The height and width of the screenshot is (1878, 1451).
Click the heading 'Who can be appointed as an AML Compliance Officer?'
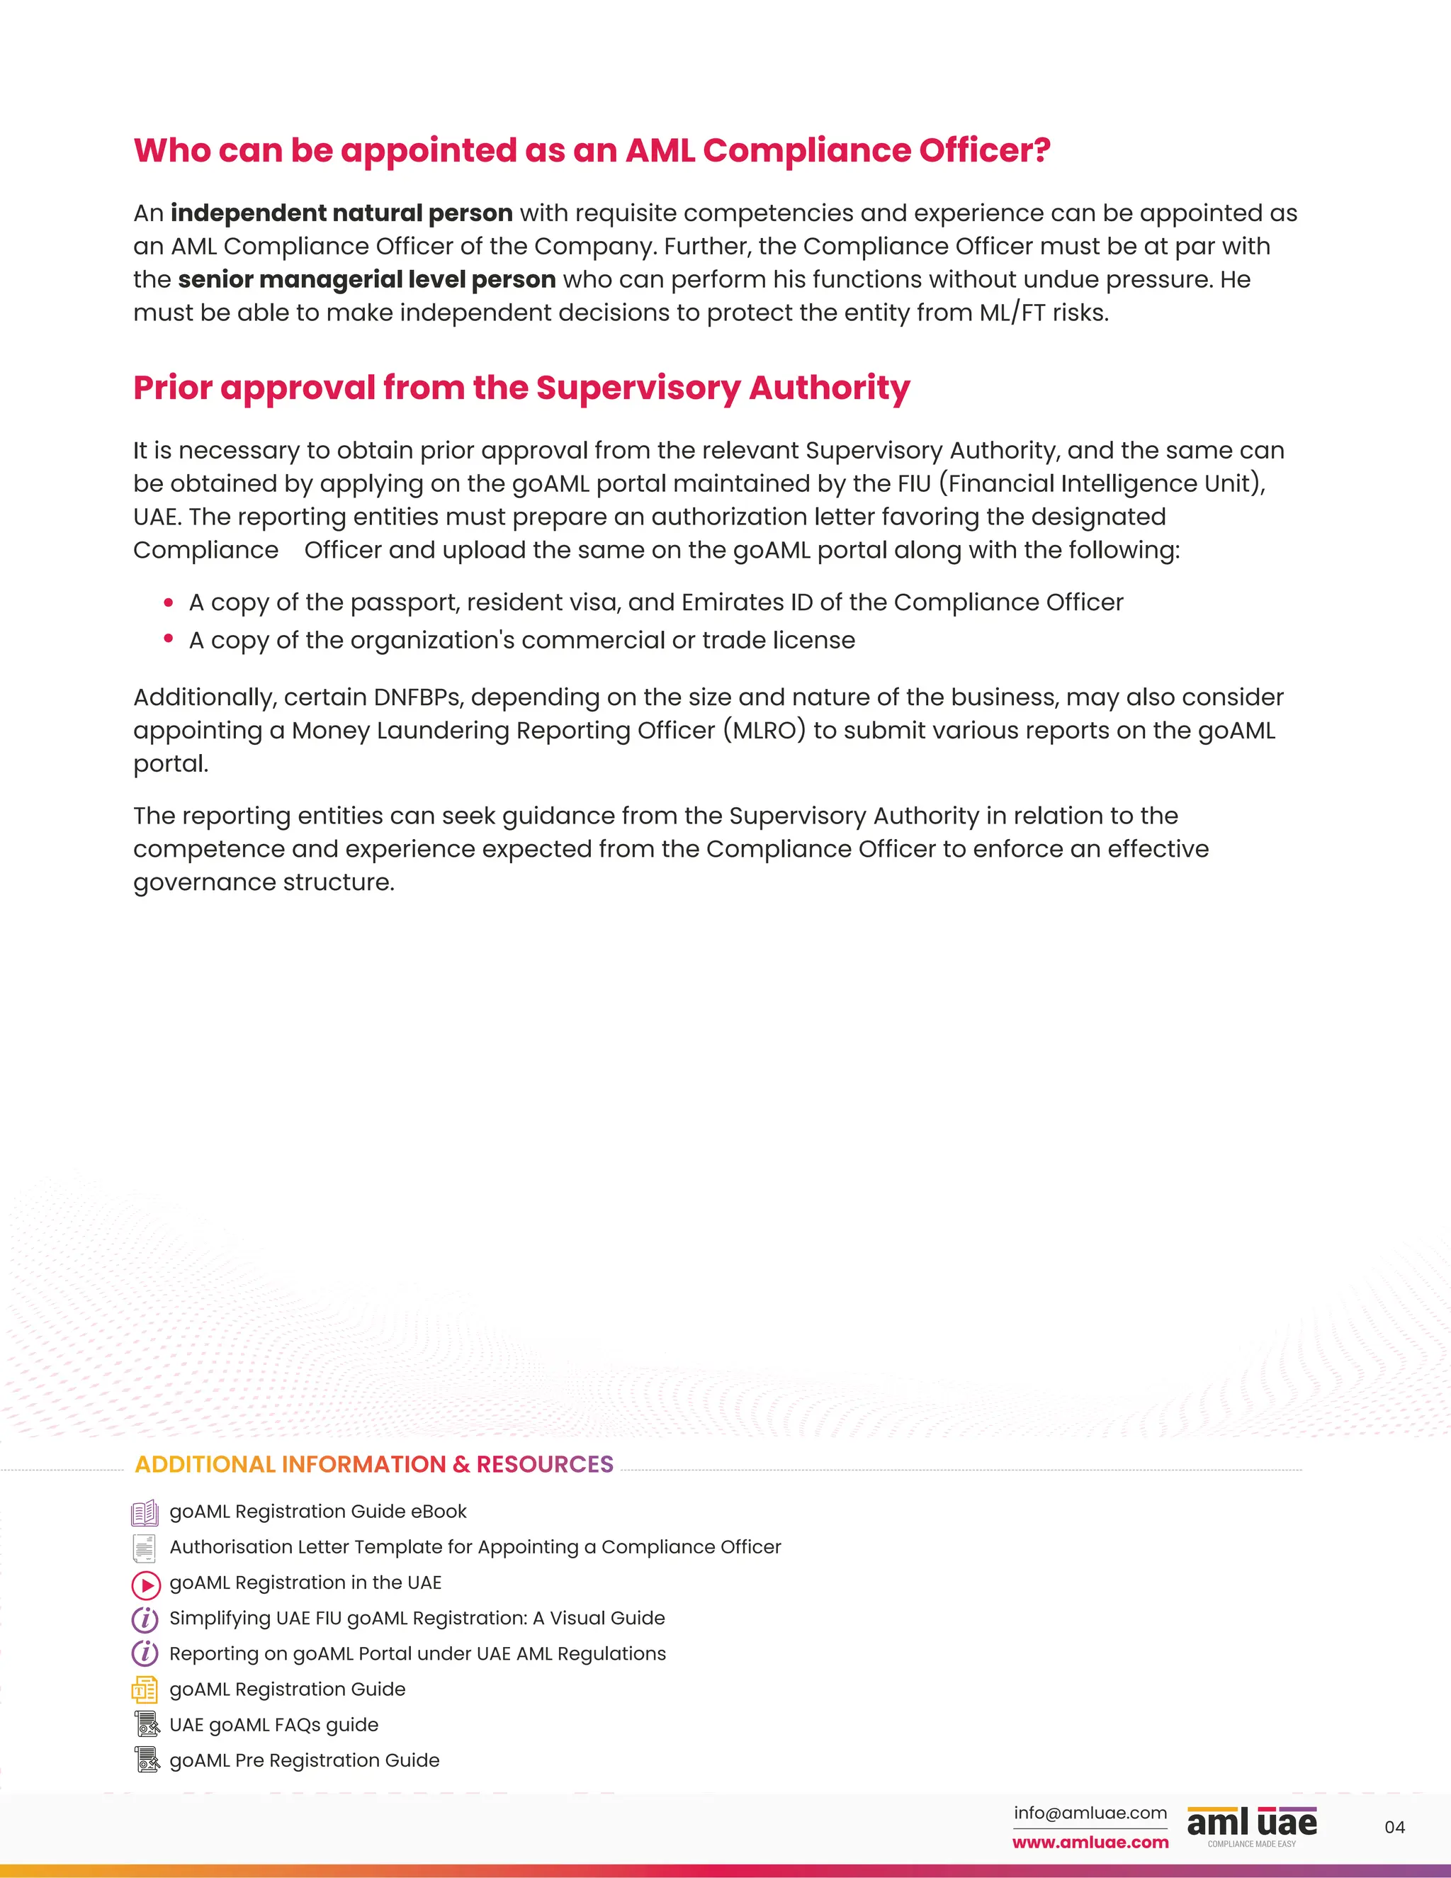(592, 150)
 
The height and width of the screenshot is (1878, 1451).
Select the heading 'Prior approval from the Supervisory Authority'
(521, 388)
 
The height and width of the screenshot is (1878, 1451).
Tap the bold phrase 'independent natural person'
(341, 213)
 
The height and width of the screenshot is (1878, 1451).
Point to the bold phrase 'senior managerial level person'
(367, 279)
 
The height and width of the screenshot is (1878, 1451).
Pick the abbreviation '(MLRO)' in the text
(764, 730)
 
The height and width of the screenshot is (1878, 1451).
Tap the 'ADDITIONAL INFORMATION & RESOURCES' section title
(374, 1464)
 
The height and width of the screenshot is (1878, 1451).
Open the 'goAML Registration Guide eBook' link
(318, 1511)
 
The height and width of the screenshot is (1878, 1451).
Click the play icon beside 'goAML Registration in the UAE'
(145, 1584)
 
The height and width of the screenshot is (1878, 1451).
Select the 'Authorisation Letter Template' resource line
(475, 1547)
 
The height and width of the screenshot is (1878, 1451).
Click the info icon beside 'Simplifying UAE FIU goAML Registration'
(145, 1619)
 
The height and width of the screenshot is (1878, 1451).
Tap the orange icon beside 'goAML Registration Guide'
(145, 1689)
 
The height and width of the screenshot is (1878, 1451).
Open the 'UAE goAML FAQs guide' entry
(273, 1725)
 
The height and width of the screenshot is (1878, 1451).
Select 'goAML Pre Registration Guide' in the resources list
(304, 1760)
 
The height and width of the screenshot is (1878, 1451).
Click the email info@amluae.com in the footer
(1090, 1813)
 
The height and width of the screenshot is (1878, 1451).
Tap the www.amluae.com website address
(1090, 1842)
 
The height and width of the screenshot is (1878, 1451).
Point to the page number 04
(1394, 1827)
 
